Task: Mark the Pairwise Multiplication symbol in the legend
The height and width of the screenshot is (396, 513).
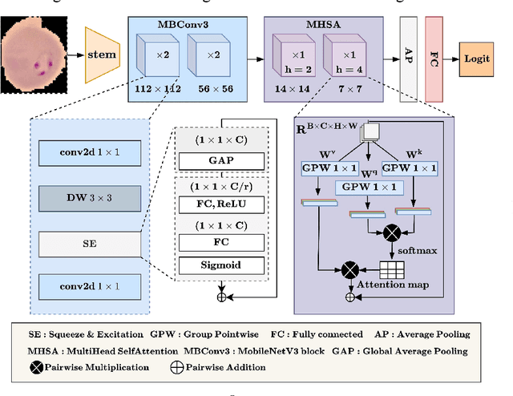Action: click(x=38, y=367)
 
